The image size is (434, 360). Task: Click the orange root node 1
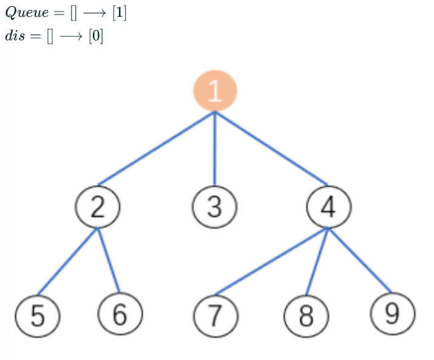215,91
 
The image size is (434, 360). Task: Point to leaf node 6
120,314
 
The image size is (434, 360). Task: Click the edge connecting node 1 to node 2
157,148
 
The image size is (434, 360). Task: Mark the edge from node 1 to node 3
215,149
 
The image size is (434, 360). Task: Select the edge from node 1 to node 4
271,148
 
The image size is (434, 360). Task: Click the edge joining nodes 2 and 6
109,260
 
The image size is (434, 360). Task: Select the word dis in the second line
14,36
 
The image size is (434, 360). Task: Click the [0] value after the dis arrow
96,36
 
